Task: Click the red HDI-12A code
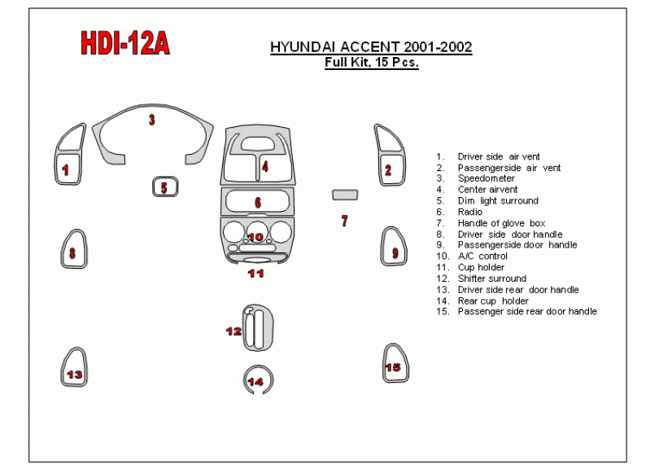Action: tap(125, 43)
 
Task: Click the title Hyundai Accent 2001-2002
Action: tap(371, 46)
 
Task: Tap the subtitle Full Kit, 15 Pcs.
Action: tap(372, 63)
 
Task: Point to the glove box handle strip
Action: tap(345, 195)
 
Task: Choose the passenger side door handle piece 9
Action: tap(383, 248)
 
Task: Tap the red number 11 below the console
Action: tap(255, 274)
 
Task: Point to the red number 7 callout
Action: tap(345, 221)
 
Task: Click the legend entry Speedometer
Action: tap(486, 178)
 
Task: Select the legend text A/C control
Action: tap(482, 256)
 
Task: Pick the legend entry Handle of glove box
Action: tap(501, 223)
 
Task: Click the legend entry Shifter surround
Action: tap(491, 279)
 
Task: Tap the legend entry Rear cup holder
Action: tap(493, 300)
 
